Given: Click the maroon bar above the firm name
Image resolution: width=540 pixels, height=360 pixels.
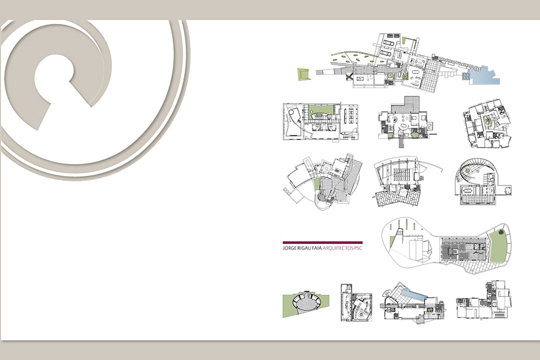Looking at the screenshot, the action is tap(322, 243).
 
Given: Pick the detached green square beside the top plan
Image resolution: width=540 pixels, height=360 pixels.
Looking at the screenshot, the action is tap(304, 74).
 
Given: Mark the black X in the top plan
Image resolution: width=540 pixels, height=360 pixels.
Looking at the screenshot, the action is tap(350, 77).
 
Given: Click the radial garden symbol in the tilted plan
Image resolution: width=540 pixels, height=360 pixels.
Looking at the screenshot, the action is tap(488, 120).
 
